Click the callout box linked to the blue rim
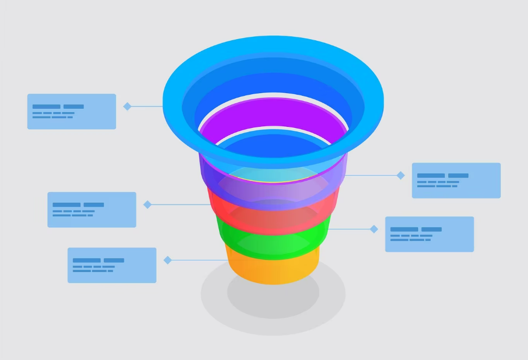point(71,111)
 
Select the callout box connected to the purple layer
point(456,180)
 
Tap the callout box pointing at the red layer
point(91,209)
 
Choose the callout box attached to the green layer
point(429,234)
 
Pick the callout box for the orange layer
point(111,265)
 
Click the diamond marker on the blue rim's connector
point(127,107)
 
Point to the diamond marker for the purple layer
point(401,175)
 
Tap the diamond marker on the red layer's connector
point(147,204)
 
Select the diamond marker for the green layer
point(374,229)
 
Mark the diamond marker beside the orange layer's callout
point(167,260)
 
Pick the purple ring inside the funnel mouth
point(272,111)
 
